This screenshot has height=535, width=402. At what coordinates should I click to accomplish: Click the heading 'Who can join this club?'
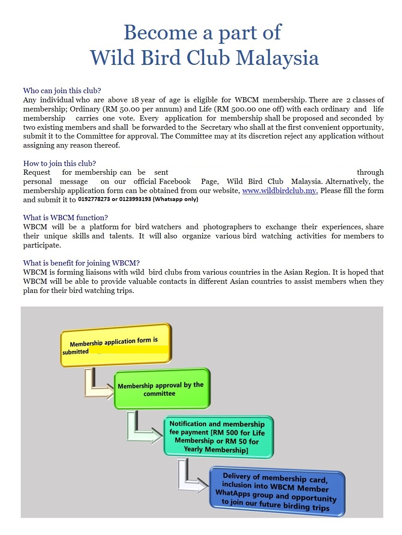click(62, 90)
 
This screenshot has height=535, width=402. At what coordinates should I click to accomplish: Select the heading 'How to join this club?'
click(59, 163)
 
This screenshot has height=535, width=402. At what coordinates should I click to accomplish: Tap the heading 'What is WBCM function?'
click(65, 217)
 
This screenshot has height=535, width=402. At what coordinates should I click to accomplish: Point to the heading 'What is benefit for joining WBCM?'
click(81, 263)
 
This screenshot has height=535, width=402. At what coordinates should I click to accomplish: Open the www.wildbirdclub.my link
click(280, 191)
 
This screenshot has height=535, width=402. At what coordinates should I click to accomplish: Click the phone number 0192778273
click(94, 199)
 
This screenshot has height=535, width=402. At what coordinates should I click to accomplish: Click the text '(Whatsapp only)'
click(175, 199)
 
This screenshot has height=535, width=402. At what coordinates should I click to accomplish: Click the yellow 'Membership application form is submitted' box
click(116, 345)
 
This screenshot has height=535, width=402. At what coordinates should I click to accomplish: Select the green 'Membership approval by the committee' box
click(162, 389)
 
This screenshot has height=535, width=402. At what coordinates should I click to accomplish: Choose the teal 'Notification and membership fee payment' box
click(218, 437)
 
